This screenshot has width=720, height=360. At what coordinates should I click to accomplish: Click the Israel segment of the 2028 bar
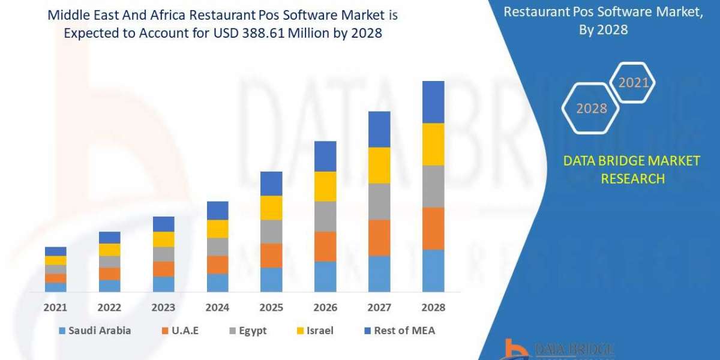point(433,144)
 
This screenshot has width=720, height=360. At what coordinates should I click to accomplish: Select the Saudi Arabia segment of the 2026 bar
point(325,277)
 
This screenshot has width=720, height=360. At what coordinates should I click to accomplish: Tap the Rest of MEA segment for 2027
point(379,129)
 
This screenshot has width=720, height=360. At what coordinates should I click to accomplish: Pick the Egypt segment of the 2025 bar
point(271,232)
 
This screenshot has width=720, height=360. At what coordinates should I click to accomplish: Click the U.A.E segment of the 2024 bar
point(217,265)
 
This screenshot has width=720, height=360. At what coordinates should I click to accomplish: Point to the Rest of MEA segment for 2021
point(56,251)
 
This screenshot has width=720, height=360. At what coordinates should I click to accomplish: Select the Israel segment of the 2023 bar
point(163,239)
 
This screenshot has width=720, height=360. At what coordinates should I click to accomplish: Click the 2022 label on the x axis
point(110,307)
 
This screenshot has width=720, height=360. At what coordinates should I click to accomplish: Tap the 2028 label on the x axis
point(433,307)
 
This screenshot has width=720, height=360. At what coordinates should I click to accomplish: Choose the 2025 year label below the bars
point(271,307)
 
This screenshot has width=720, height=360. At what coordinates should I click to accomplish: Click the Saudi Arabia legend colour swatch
point(62,331)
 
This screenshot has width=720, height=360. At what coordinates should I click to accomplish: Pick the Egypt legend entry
point(247,331)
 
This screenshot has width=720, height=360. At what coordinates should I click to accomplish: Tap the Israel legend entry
point(314,331)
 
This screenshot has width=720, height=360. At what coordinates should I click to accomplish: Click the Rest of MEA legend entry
point(399,331)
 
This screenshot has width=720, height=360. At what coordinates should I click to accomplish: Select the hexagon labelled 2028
point(591,109)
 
